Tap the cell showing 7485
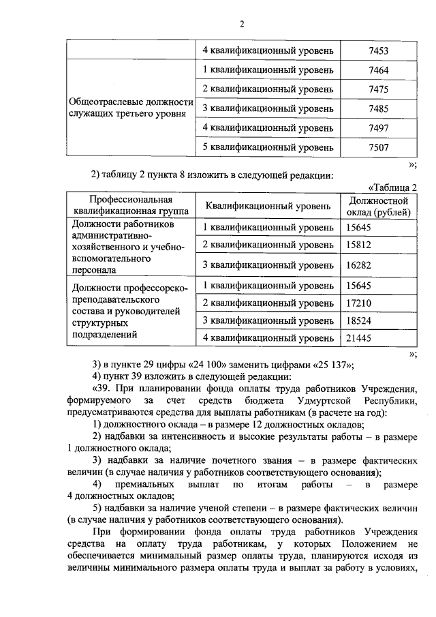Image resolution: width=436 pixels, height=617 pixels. point(378,108)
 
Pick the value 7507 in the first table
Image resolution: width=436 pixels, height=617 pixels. point(378,147)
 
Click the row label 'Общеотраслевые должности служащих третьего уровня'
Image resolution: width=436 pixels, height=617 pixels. point(129,108)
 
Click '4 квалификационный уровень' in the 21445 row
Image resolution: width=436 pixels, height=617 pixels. point(268,337)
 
